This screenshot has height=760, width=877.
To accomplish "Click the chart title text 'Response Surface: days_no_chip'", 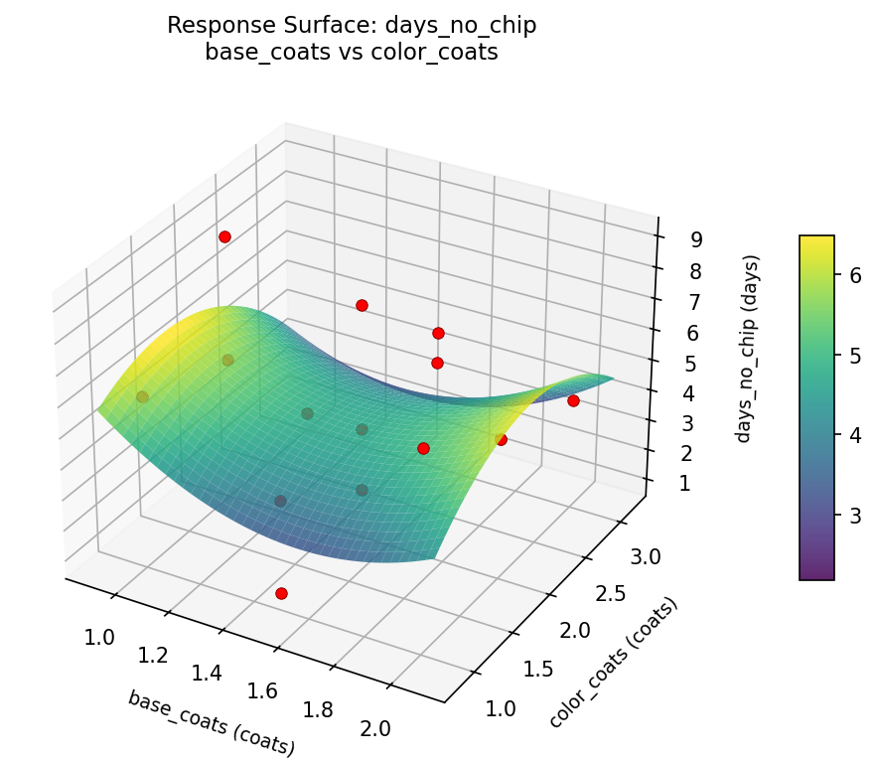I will click(352, 26).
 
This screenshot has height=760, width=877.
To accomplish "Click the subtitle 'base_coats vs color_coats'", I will click(352, 53).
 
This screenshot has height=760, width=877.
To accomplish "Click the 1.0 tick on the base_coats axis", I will click(99, 637).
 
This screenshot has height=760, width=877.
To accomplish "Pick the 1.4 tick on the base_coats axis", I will click(207, 673).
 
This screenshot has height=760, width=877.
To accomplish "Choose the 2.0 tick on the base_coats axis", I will click(375, 727).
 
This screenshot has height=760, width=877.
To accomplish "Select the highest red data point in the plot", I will click(225, 236).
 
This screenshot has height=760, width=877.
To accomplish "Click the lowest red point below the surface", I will click(281, 593).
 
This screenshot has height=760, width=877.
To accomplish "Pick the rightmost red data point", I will click(573, 400).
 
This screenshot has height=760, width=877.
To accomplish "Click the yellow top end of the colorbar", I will click(816, 240).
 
